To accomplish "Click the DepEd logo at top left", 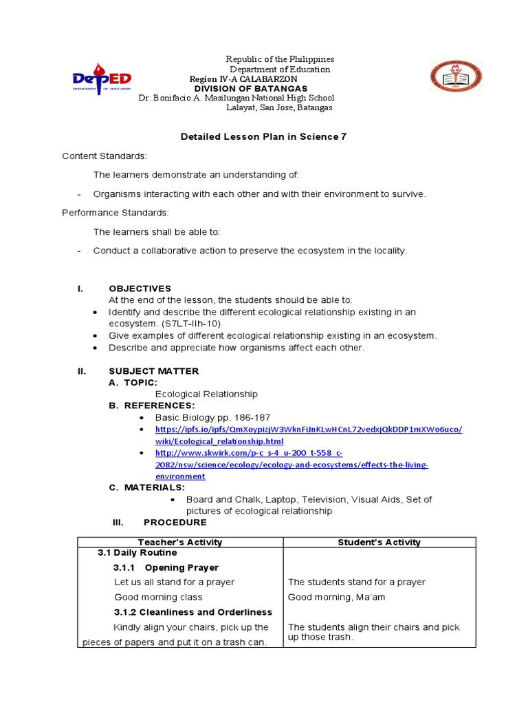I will point(102,78).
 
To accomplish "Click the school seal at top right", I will point(456,76).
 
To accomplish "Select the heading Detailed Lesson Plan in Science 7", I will point(263,136).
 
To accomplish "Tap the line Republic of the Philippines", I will point(280,60).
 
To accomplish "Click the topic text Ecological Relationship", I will point(206,394).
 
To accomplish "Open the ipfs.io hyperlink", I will point(309,430).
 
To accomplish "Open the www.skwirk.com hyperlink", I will point(249,453).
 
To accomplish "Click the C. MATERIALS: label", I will point(147,487).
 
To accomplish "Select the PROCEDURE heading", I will point(175,523).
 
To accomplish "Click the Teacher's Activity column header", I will point(180,543).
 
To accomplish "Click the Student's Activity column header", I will point(379,543).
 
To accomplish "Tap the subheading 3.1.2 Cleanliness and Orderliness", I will point(192,612).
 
